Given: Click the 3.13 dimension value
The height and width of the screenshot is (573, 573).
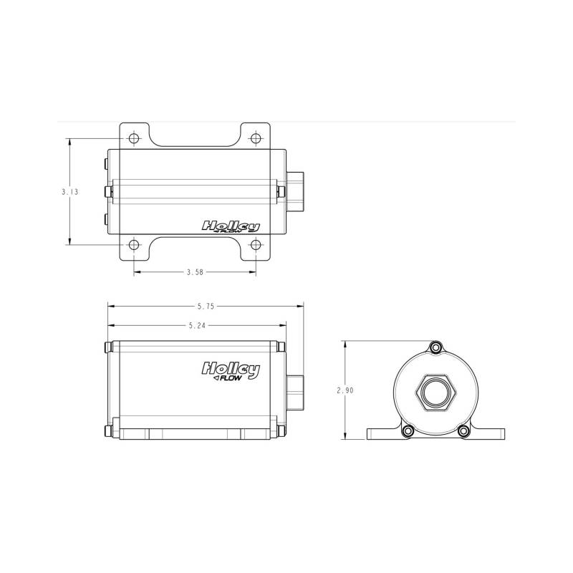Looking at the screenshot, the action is (69, 191).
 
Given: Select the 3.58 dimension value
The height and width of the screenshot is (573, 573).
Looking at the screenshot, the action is (195, 272).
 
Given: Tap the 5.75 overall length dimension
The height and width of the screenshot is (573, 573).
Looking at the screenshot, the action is (206, 307).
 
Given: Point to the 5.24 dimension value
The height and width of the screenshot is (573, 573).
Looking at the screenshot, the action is (198, 325).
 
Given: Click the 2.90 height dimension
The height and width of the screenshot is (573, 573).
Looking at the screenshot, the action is (345, 390).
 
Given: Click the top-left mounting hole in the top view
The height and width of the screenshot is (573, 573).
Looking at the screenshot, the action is (134, 138).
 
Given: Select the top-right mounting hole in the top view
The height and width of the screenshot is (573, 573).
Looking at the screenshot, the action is (256, 138).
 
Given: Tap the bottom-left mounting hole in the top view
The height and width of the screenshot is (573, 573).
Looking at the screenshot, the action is (134, 244).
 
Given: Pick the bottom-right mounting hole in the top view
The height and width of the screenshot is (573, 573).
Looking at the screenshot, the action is (256, 244).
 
